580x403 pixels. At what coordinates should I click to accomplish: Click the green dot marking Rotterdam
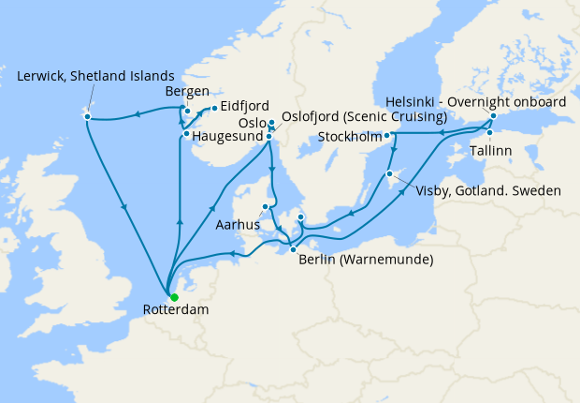[173, 297]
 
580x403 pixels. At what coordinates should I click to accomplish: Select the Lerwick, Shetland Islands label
[95, 75]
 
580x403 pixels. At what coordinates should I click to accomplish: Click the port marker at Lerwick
[86, 115]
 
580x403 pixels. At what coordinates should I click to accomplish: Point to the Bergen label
[187, 92]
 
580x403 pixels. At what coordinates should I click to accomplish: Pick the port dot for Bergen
[187, 112]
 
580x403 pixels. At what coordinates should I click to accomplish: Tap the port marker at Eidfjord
[213, 108]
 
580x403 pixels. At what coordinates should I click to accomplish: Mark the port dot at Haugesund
[187, 134]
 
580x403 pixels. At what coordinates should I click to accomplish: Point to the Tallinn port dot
[489, 133]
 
